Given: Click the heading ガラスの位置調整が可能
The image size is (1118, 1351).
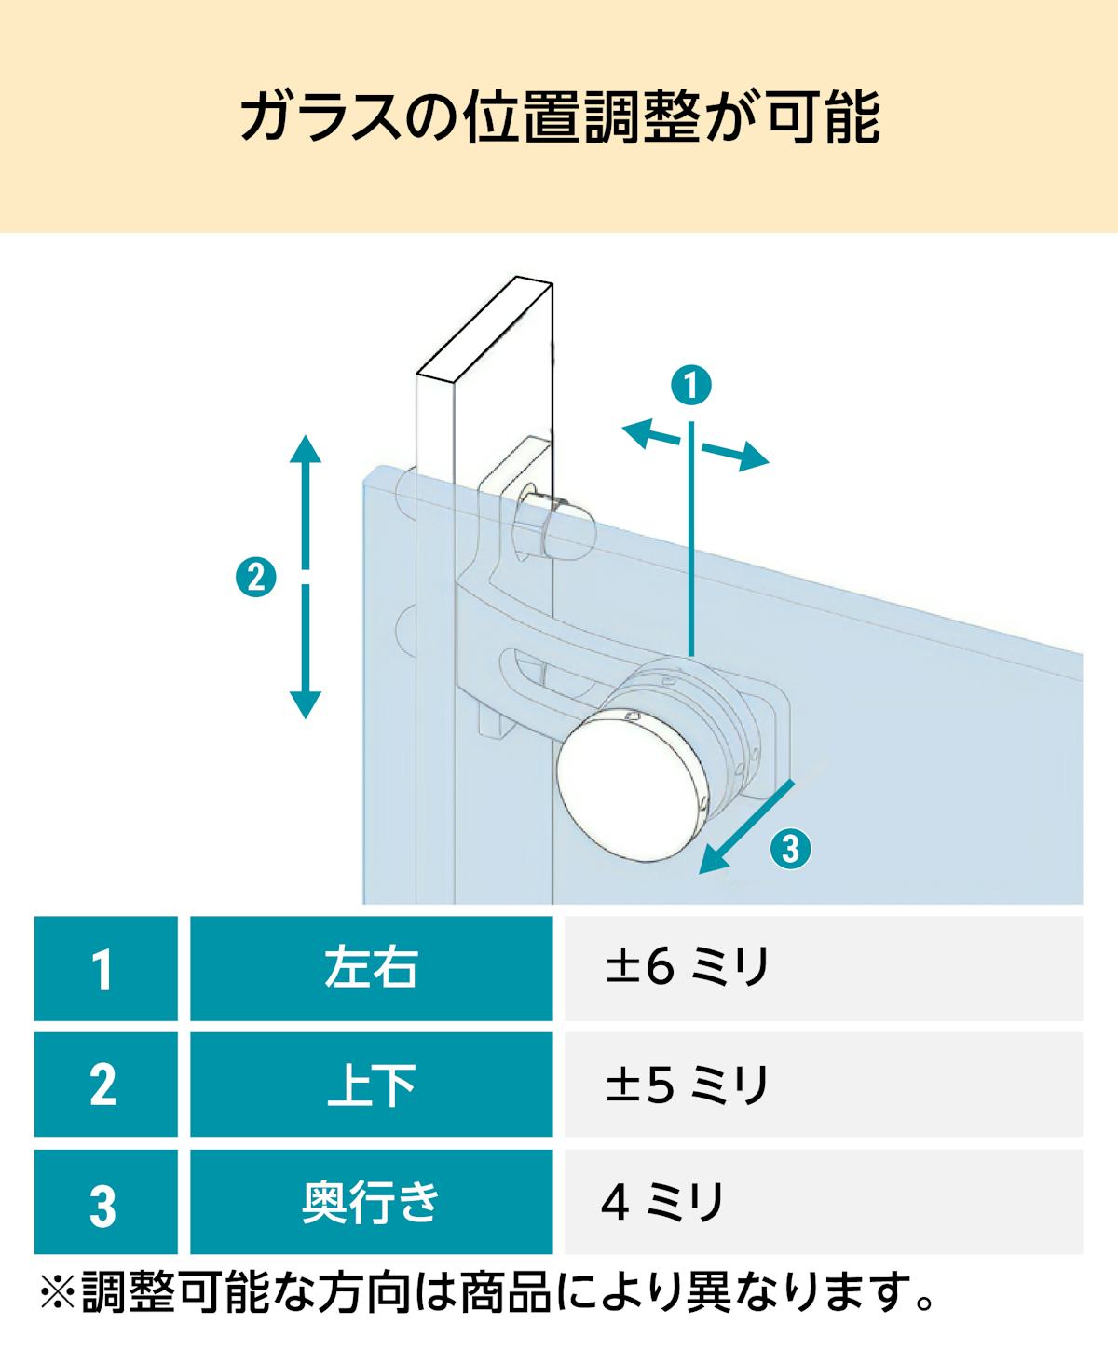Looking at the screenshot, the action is pyautogui.click(x=560, y=117).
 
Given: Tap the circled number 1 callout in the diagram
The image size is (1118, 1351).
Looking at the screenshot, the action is pyautogui.click(x=691, y=386).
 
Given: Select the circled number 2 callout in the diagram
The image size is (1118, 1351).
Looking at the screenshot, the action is pyautogui.click(x=256, y=577).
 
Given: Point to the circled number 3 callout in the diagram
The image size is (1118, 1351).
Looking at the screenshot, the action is pyautogui.click(x=791, y=848).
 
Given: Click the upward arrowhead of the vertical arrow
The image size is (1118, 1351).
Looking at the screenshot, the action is pyautogui.click(x=306, y=449).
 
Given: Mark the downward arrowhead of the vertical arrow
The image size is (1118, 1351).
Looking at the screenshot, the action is pyautogui.click(x=306, y=704).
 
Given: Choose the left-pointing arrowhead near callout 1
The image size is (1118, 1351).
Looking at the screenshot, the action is pyautogui.click(x=637, y=433).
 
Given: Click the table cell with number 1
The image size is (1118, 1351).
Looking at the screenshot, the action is pyautogui.click(x=106, y=969).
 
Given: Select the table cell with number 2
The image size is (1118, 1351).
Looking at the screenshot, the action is pyautogui.click(x=106, y=1085).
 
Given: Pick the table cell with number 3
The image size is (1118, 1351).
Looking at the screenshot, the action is pyautogui.click(x=106, y=1201).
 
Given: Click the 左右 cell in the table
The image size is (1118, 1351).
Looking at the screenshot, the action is pyautogui.click(x=372, y=969).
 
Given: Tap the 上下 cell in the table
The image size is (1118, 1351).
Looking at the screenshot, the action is pyautogui.click(x=372, y=1085).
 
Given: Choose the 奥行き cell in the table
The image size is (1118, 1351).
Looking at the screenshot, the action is pyautogui.click(x=372, y=1201).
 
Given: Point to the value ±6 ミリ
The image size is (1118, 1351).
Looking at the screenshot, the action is pyautogui.click(x=688, y=967).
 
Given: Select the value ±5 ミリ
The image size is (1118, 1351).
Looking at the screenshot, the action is pyautogui.click(x=688, y=1084).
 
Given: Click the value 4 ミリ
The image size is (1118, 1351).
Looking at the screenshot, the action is pyautogui.click(x=661, y=1201).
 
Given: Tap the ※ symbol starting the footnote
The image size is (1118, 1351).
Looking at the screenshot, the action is pyautogui.click(x=58, y=1294).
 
